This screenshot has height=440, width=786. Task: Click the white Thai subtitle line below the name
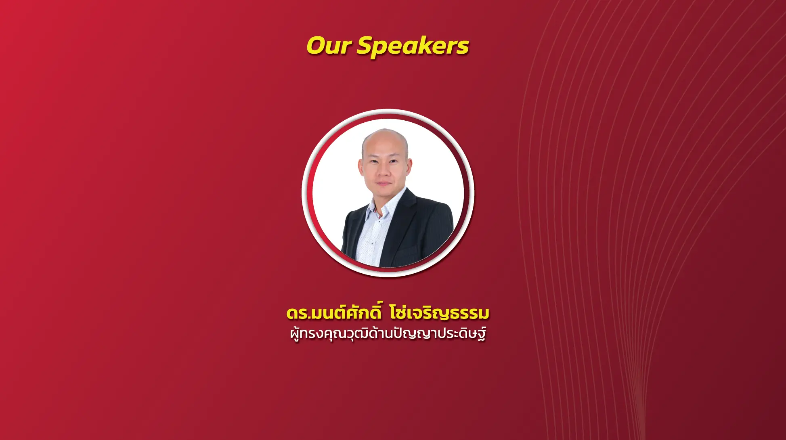388,334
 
